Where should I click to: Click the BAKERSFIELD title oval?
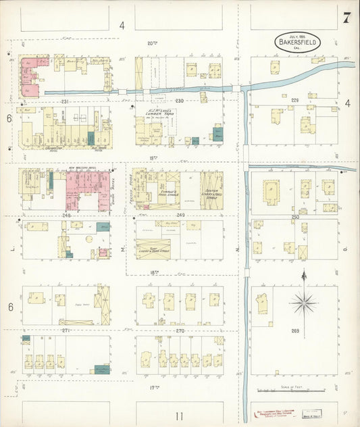pyautogui.click(x=298, y=41)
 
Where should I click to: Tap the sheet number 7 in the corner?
pyautogui.click(x=346, y=18)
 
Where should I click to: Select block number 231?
pyautogui.click(x=66, y=101)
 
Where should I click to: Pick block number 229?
pyautogui.click(x=294, y=100)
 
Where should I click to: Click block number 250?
pyautogui.click(x=294, y=217)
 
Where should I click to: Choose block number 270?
pyautogui.click(x=180, y=330)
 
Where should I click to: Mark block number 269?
pyautogui.click(x=294, y=330)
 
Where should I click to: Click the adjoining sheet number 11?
pyautogui.click(x=179, y=416)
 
